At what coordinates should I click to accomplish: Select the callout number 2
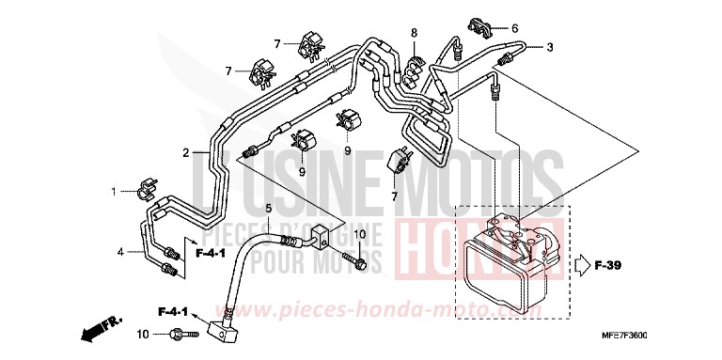click(186, 152)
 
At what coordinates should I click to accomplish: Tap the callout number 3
click(550, 47)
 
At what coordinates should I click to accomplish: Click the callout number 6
click(513, 27)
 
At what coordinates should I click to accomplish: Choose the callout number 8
click(413, 34)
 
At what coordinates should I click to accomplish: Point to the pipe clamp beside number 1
click(147, 192)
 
